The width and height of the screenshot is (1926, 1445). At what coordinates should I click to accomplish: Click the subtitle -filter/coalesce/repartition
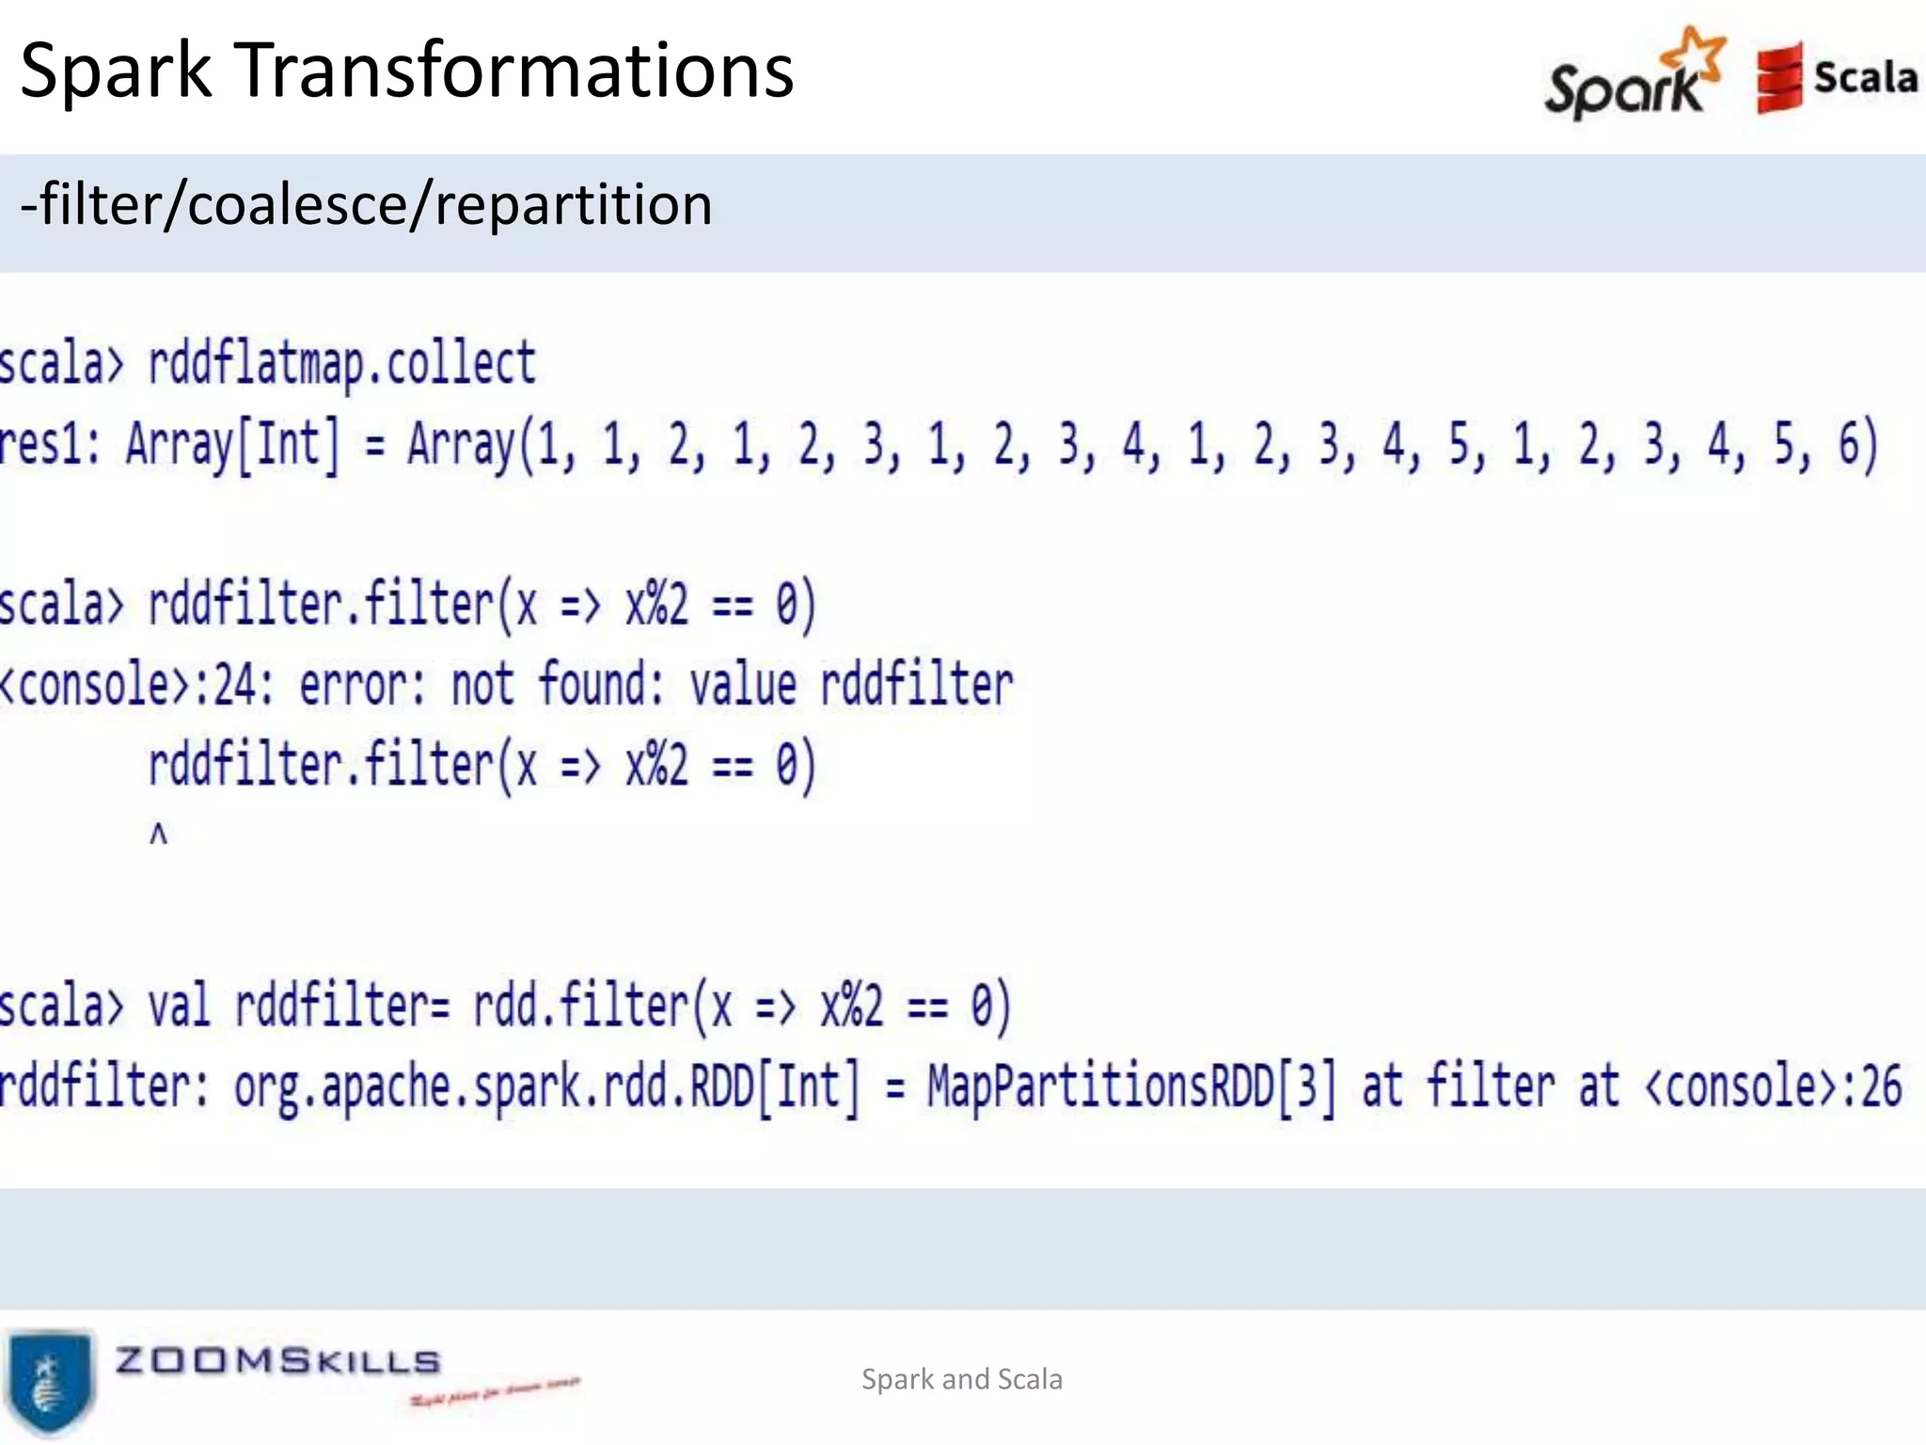coord(366,205)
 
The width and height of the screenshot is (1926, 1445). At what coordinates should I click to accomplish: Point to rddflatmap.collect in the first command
coord(341,364)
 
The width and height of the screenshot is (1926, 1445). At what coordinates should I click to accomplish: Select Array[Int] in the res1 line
coord(232,444)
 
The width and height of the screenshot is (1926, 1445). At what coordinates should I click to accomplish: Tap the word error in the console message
coord(362,684)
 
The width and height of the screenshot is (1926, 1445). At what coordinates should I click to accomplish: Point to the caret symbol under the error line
coord(158,834)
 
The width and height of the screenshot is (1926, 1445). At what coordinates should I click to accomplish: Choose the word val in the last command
coord(179,1005)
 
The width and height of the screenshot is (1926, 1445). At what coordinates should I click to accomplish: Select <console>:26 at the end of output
coord(1773,1087)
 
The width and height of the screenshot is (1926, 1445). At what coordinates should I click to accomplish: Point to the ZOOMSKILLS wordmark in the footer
coord(277,1360)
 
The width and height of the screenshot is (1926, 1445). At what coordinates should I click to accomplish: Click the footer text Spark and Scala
coord(961,1379)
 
